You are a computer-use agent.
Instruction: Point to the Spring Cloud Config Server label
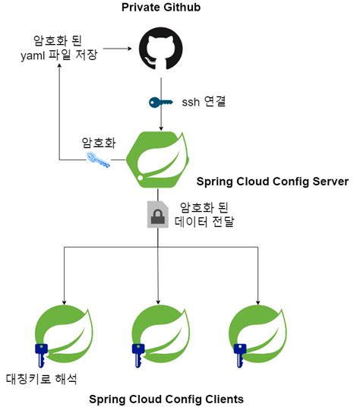pyautogui.click(x=272, y=181)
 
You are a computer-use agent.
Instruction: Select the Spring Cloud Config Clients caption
pyautogui.click(x=166, y=399)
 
